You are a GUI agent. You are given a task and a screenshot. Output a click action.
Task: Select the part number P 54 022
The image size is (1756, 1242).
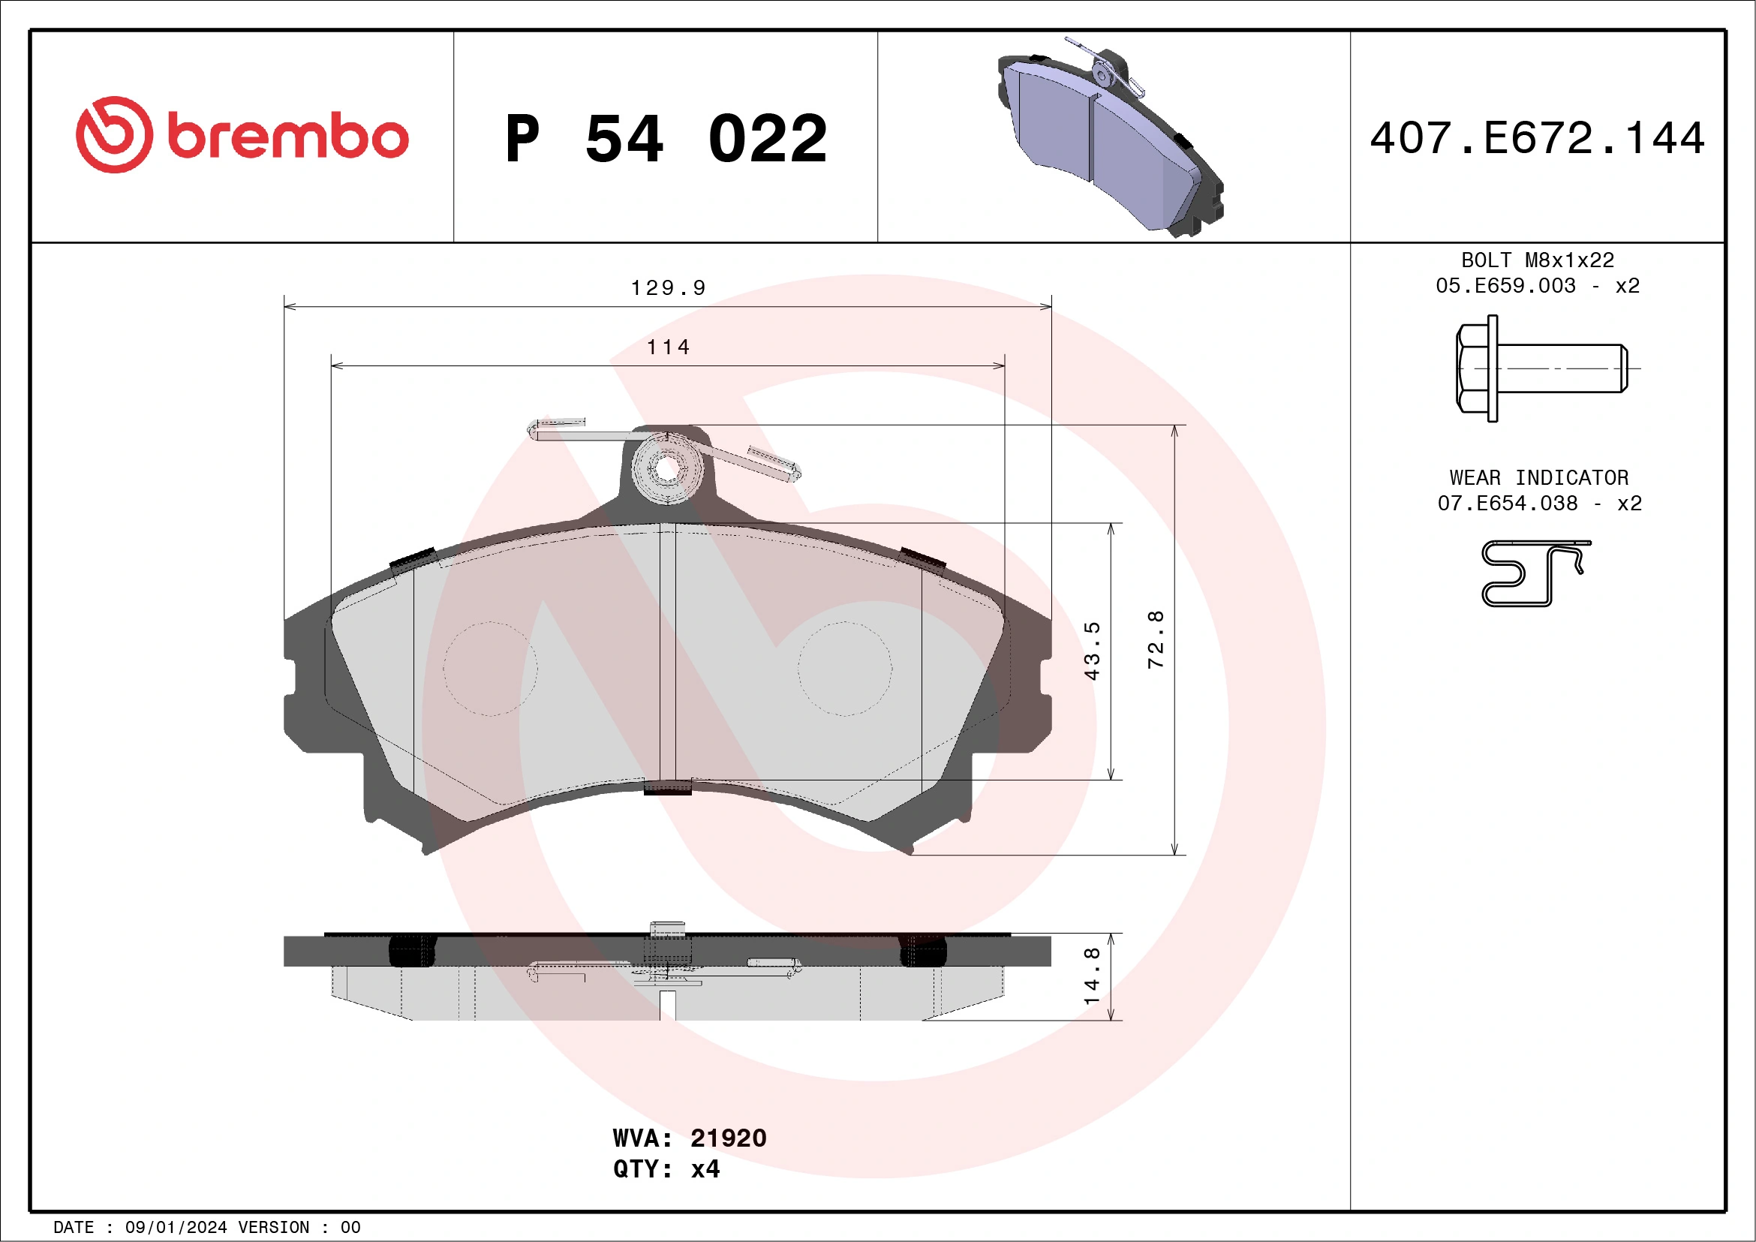click(x=666, y=139)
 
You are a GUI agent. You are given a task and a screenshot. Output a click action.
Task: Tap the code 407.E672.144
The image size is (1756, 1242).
click(x=1538, y=138)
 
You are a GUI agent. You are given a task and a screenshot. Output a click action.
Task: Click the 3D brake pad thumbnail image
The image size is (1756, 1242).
click(x=1111, y=137)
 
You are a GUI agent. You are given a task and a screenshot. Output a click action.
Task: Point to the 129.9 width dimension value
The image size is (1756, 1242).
click(x=668, y=288)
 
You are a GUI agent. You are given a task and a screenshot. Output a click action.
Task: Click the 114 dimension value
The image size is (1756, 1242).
click(x=668, y=347)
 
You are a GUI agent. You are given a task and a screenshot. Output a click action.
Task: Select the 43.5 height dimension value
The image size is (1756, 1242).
click(x=1091, y=651)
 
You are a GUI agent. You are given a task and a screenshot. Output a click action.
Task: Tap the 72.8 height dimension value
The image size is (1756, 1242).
click(x=1155, y=640)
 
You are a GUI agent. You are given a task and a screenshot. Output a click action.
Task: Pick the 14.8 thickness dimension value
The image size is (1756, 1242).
click(x=1091, y=976)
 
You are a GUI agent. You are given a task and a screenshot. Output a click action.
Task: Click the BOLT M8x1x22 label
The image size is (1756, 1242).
click(x=1538, y=260)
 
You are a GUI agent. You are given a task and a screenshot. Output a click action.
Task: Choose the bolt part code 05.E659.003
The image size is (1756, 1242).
click(x=1505, y=286)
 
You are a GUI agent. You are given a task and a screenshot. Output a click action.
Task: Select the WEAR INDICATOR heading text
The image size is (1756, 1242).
click(x=1538, y=478)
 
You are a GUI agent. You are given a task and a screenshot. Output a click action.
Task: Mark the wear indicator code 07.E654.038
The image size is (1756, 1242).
click(x=1507, y=504)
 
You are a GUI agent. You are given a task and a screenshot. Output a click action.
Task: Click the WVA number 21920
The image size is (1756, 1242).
click(x=727, y=1138)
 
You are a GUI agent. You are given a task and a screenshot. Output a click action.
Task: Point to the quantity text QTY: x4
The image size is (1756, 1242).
click(x=666, y=1169)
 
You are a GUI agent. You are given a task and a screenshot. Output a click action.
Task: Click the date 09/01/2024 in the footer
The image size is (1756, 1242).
click(x=176, y=1228)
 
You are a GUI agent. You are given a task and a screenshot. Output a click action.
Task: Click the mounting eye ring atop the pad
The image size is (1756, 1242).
click(x=667, y=470)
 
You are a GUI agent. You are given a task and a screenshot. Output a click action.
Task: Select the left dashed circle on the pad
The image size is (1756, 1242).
click(x=490, y=669)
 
